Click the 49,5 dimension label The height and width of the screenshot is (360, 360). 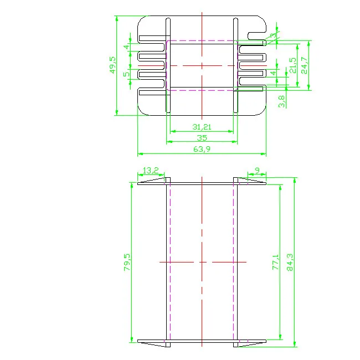pyautogui.click(x=113, y=65)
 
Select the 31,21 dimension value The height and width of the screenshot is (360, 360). pyautogui.click(x=202, y=127)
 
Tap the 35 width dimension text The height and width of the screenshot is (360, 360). pyautogui.click(x=202, y=138)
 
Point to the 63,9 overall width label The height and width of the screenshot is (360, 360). pyautogui.click(x=202, y=149)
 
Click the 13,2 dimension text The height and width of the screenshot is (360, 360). pyautogui.click(x=151, y=171)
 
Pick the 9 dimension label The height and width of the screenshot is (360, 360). pyautogui.click(x=257, y=170)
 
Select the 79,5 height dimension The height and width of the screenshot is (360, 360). pyautogui.click(x=127, y=262)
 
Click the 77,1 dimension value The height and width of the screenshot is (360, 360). pyautogui.click(x=275, y=262)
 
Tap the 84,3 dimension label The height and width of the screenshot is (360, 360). pyautogui.click(x=290, y=262)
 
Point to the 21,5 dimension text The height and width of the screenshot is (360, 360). pyautogui.click(x=293, y=65)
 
